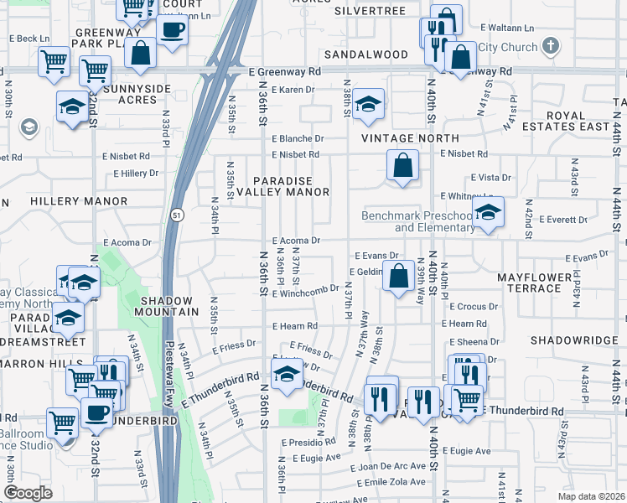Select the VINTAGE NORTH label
410,137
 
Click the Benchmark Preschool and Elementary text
417,221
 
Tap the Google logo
28,493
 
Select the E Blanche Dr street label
296,138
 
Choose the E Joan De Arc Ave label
389,466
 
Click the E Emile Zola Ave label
388,481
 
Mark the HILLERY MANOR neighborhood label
66,201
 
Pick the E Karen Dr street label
292,90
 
